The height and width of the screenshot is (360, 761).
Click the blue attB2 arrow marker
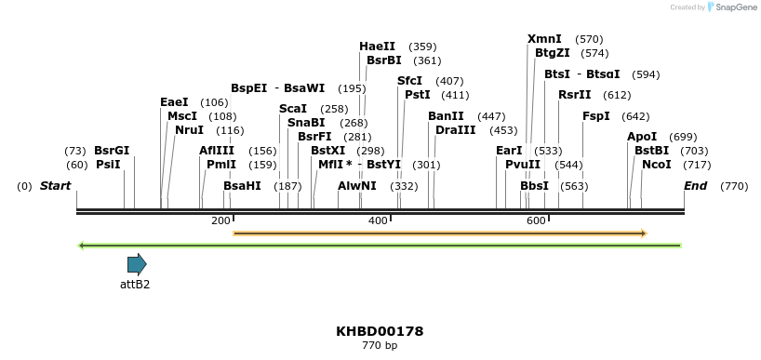click(137, 264)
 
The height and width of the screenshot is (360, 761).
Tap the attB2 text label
click(135, 285)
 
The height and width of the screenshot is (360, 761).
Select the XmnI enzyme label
click(544, 39)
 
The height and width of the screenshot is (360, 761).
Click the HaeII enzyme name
click(377, 47)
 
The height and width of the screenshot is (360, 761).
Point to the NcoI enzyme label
click(656, 165)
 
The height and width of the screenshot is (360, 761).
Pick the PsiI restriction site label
click(108, 165)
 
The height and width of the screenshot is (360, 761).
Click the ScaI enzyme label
click(293, 109)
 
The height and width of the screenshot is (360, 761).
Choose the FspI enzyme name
click(596, 116)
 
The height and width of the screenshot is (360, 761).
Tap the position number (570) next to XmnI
click(589, 39)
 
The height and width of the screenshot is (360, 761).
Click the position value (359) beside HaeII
click(422, 47)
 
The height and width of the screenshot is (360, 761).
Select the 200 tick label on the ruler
click(220, 220)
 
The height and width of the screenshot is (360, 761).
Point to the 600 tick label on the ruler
click(536, 220)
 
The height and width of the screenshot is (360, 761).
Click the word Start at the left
click(55, 186)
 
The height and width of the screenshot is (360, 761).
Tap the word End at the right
click(695, 186)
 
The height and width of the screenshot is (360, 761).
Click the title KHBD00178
click(380, 331)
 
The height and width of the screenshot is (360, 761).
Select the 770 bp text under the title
click(380, 346)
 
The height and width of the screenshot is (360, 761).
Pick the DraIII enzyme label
click(455, 130)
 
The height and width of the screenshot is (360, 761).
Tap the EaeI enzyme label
click(174, 102)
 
